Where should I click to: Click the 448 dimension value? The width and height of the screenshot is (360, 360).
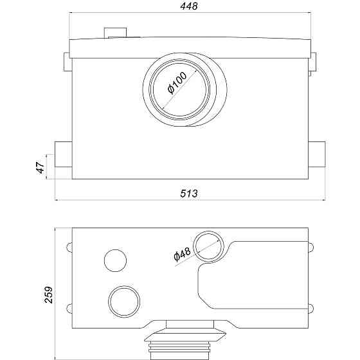189,6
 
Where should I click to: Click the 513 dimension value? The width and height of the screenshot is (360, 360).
189,194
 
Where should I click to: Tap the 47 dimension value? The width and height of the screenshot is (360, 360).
40,167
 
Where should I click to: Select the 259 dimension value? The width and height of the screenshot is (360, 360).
48,295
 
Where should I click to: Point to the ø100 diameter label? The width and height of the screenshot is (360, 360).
177,83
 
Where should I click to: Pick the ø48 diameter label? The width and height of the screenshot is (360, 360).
183,254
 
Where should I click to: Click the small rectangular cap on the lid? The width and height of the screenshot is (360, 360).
115,33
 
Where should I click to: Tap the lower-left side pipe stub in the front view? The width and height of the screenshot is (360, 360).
64,154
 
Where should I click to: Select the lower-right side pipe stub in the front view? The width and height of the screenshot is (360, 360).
317,154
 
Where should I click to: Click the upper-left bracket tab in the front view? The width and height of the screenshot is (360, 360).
67,62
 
